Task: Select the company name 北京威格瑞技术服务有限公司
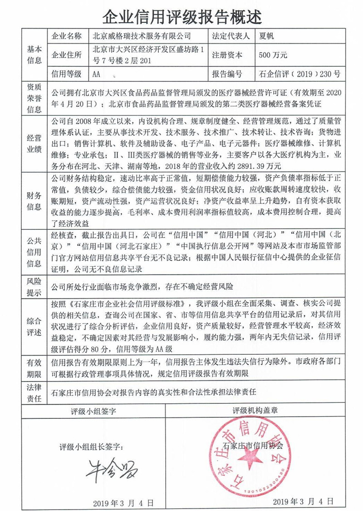[x=142, y=35]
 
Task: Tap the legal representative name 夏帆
[x=266, y=35]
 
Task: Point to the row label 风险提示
[x=34, y=287]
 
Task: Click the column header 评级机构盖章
[x=255, y=411]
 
